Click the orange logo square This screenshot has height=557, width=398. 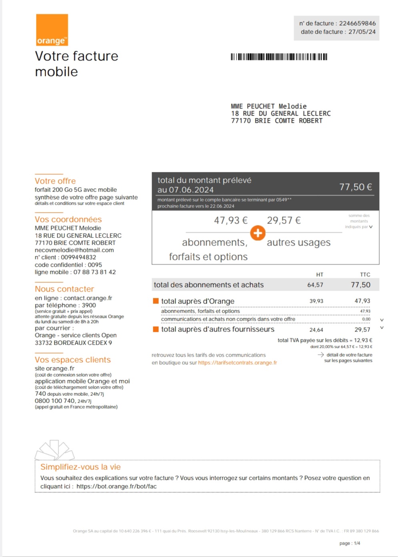[x=52, y=30]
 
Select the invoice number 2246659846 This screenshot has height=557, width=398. [x=357, y=23]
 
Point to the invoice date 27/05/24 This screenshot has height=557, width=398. [x=362, y=32]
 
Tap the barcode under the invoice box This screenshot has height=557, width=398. [x=279, y=57]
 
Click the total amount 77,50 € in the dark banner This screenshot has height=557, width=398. [x=355, y=187]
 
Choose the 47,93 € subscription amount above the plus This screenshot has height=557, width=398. [x=230, y=220]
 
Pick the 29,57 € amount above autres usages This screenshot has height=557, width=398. [x=284, y=220]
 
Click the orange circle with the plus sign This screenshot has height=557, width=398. [x=258, y=233]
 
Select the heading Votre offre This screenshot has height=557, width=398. [x=55, y=181]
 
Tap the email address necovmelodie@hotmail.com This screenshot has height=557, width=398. [x=74, y=250]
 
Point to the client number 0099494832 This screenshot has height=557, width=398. [x=78, y=257]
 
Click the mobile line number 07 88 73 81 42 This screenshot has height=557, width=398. [x=94, y=272]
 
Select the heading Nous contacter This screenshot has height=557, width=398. [x=64, y=289]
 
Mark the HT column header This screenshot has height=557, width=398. [x=320, y=275]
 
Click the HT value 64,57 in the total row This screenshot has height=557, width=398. [x=315, y=285]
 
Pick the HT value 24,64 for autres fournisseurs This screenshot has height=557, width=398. [x=316, y=330]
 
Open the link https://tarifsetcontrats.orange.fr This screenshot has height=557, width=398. [x=237, y=363]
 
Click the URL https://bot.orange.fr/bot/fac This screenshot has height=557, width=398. [x=116, y=486]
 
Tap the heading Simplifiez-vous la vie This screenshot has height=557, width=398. [x=80, y=467]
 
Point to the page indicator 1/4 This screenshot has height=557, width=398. [x=357, y=543]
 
